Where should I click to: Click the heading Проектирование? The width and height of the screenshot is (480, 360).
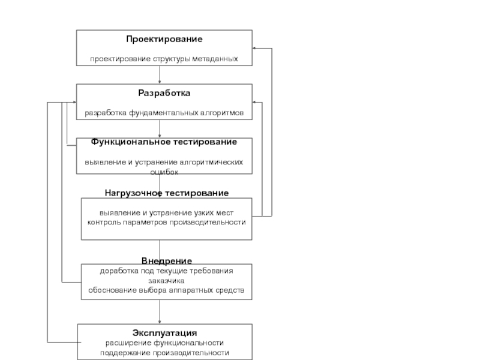click(164, 39)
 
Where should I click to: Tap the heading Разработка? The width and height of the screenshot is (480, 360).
click(164, 93)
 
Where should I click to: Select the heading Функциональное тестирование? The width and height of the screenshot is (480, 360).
click(164, 142)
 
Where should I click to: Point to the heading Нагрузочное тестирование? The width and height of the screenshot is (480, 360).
click(167, 193)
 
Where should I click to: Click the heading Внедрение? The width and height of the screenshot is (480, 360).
click(167, 261)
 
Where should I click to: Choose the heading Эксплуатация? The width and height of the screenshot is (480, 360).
click(164, 332)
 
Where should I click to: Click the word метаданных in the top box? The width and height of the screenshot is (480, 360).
click(215, 59)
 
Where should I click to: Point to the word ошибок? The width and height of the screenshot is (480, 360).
click(164, 172)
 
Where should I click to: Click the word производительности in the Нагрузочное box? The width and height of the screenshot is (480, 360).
click(211, 222)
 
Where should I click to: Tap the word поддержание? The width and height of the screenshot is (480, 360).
click(124, 353)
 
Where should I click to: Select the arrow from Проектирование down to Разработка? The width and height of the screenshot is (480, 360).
click(160, 74)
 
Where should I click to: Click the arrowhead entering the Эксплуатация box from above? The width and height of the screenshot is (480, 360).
click(160, 321)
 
